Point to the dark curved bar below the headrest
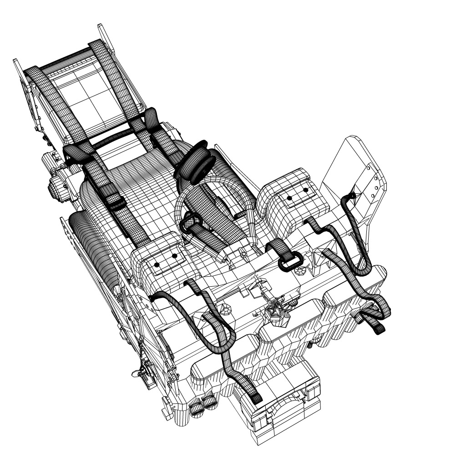[116, 137]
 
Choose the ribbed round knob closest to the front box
[210, 402]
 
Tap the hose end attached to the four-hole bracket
[350, 197]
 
